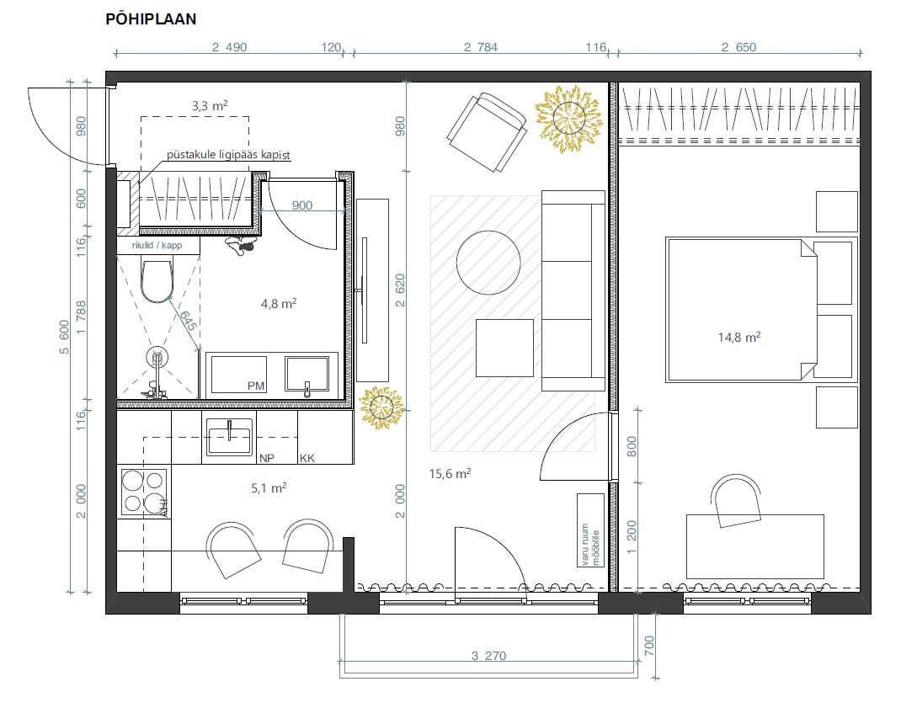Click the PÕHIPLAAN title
pos(151,19)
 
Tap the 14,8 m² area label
pos(739,337)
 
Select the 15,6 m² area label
pos(450,473)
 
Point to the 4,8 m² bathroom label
pos(279,303)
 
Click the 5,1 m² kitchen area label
pos(269,487)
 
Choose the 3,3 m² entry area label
pos(210,106)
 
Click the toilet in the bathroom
pos(157,280)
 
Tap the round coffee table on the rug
pos(488,263)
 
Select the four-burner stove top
pos(144,492)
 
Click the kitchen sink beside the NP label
pos(229,436)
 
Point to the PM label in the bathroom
pos(256,386)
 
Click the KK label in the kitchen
pos(307,458)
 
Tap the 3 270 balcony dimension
pos(488,655)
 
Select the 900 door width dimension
pos(302,205)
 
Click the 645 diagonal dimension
pos(187,321)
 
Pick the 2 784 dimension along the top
pos(481,47)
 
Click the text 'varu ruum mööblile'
pos(590,545)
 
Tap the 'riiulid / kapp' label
pos(157,245)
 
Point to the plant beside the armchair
pos(568,118)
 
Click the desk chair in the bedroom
pos(736,501)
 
